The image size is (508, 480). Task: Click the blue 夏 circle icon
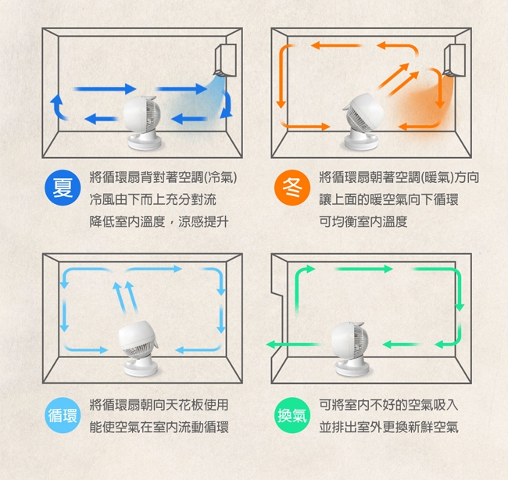pos(63,188)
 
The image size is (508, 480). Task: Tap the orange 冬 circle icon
pos(292,188)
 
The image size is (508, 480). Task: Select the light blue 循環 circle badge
pos(63,415)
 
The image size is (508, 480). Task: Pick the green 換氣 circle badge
pos(292,415)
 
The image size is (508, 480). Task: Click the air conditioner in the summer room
pos(226,60)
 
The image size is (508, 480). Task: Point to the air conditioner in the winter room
pos(455,61)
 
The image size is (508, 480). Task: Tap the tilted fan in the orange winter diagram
pos(363,122)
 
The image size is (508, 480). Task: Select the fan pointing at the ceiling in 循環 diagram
pos(138,349)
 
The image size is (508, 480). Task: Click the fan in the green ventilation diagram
pos(351,349)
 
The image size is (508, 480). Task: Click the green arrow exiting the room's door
pos(294,345)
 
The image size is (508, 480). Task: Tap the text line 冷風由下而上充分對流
pos(153,199)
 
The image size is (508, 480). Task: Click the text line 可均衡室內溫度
pos(363,222)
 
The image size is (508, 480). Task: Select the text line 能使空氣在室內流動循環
pos(159,427)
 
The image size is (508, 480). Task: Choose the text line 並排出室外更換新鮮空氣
pos(388,427)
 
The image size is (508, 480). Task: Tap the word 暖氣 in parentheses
pos(438,177)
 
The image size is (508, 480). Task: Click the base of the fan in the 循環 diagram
pos(141,368)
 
